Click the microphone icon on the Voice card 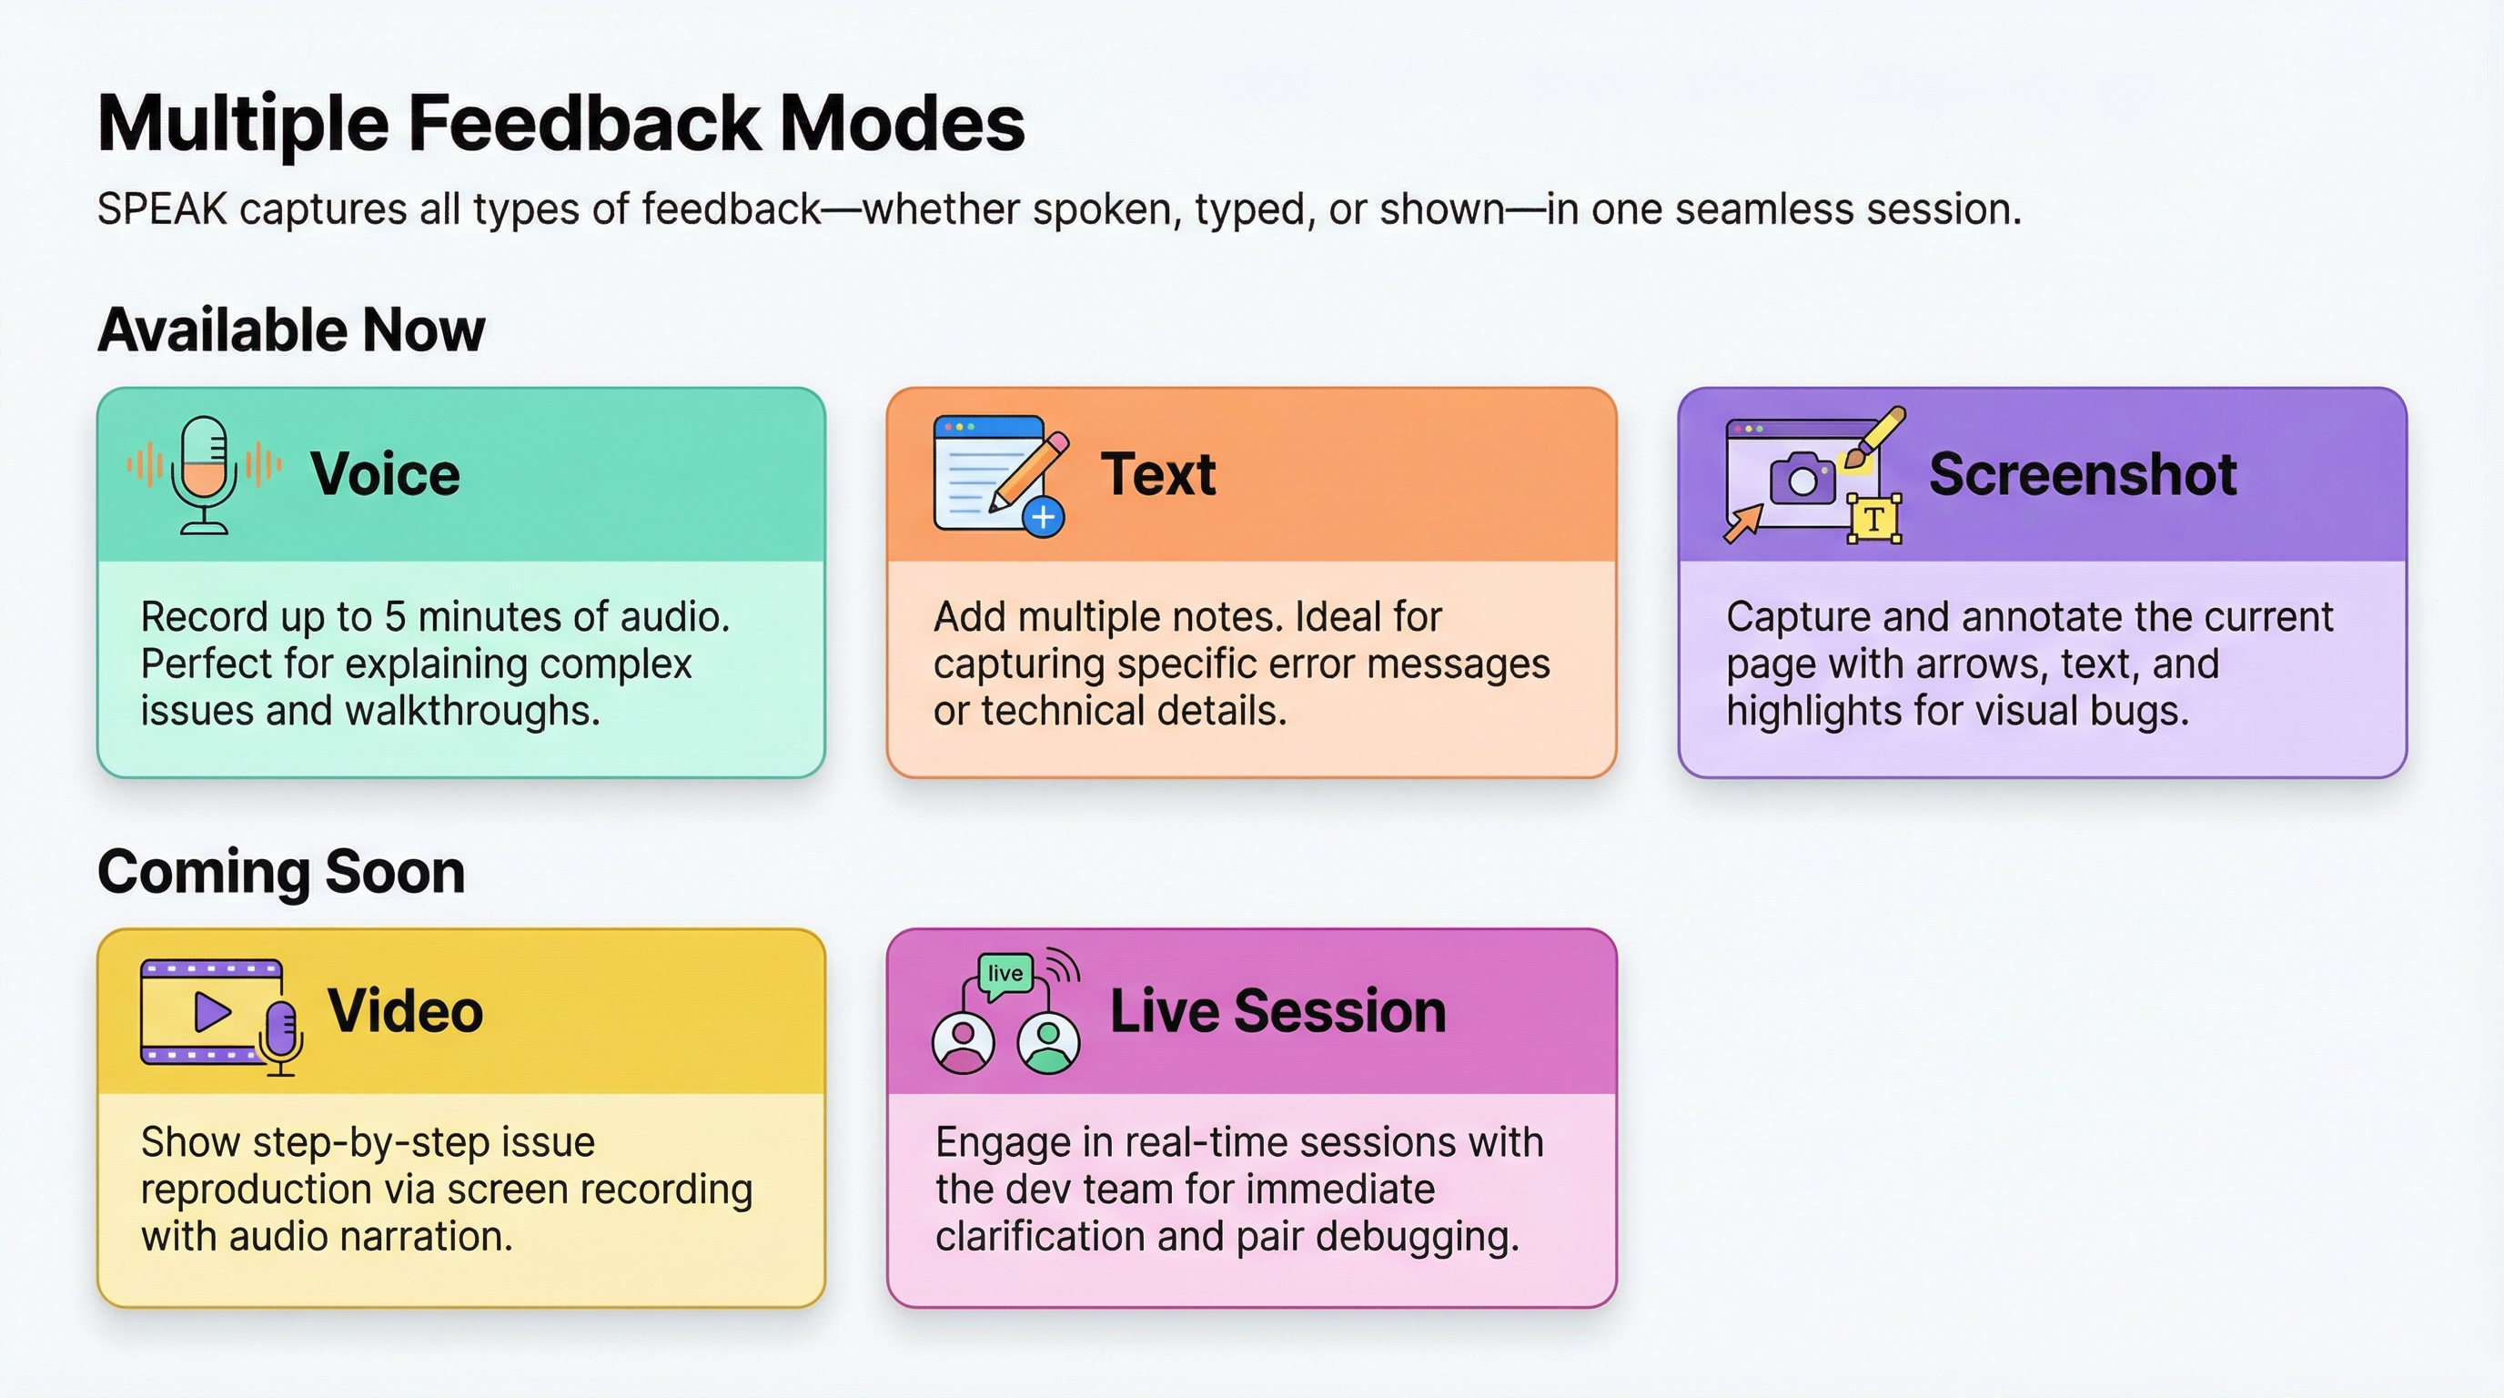click(x=204, y=473)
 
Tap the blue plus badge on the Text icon click(x=1043, y=517)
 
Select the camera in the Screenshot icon click(x=1802, y=479)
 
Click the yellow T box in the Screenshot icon click(x=1873, y=519)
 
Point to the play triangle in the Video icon click(x=212, y=1012)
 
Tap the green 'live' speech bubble click(x=1005, y=974)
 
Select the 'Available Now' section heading click(x=290, y=329)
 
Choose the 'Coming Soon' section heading click(x=281, y=871)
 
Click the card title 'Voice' click(x=385, y=474)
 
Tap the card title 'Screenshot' click(x=2082, y=474)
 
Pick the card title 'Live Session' click(x=1277, y=1011)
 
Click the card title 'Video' click(x=405, y=1011)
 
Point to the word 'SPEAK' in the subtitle click(x=162, y=210)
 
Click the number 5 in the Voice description click(x=395, y=617)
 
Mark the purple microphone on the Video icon click(x=281, y=1028)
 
